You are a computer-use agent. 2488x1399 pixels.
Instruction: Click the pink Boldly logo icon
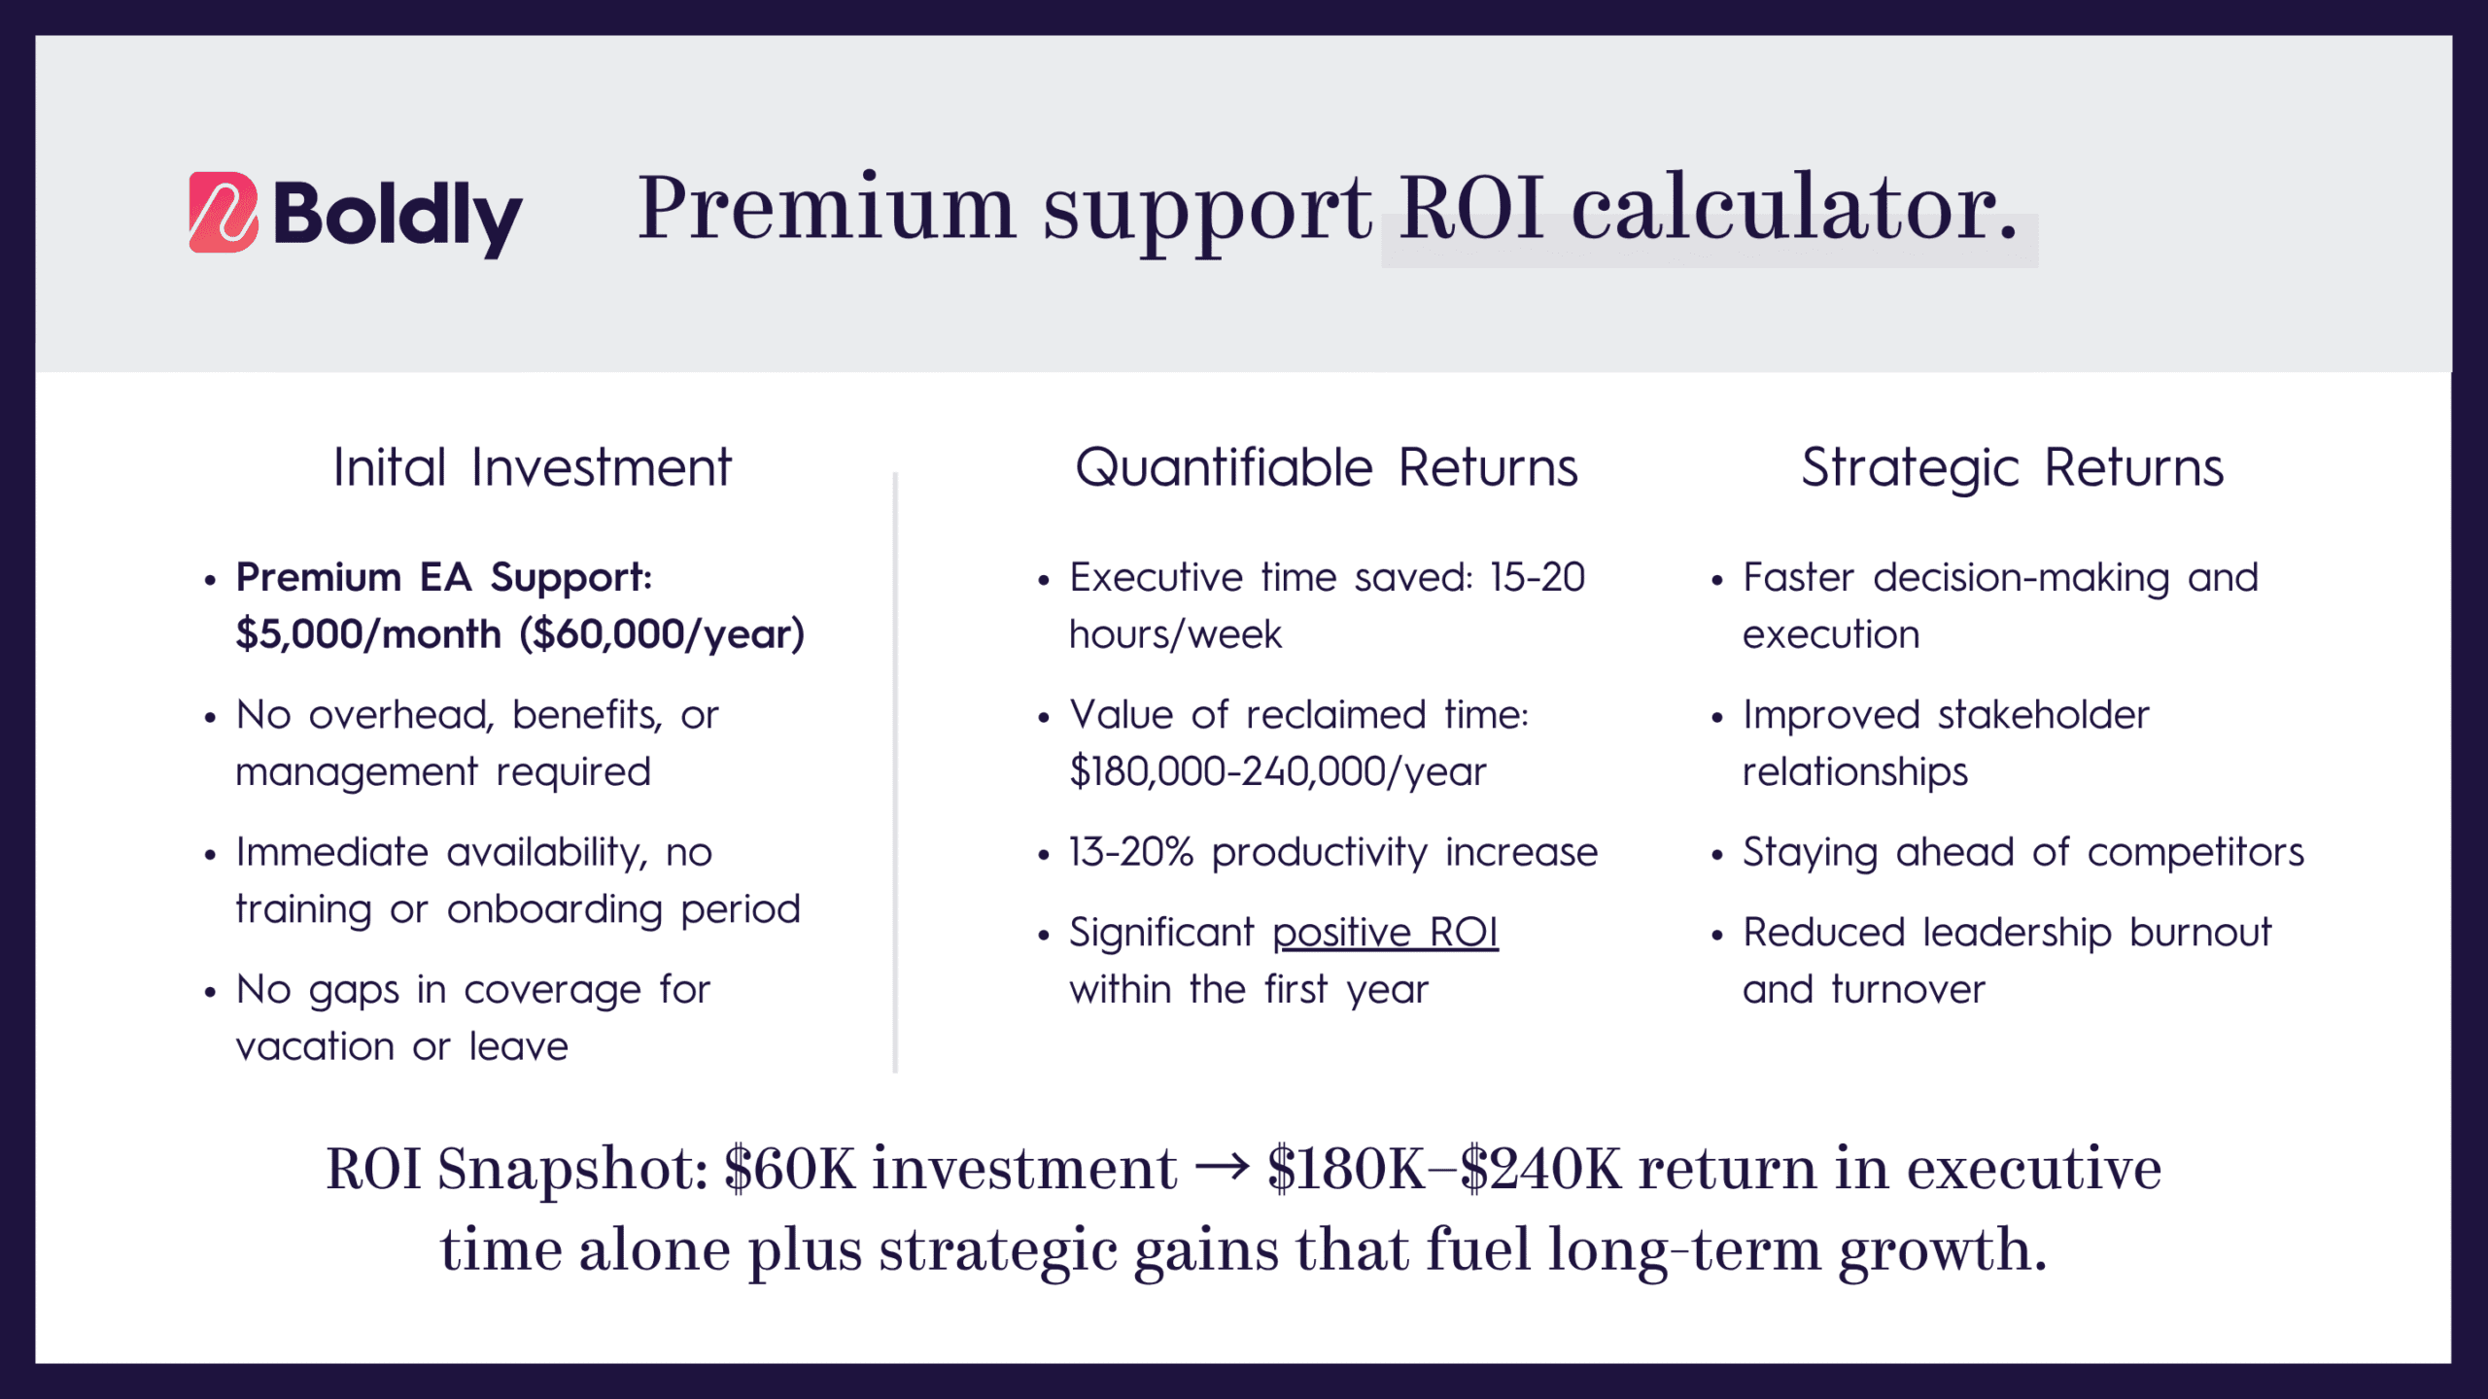tap(224, 212)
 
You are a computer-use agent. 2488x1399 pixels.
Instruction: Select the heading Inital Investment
tap(532, 467)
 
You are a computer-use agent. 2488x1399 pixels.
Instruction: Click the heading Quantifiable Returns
tap(1326, 467)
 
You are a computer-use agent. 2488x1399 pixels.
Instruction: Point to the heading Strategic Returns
tap(2012, 469)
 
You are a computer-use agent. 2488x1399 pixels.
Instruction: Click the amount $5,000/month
tap(368, 634)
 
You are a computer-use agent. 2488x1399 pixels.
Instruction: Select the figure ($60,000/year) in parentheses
tap(662, 634)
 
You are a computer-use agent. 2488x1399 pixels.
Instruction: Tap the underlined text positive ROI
tap(1385, 934)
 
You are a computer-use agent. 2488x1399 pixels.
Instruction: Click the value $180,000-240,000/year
tap(1277, 772)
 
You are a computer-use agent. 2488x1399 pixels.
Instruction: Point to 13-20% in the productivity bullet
tap(1130, 852)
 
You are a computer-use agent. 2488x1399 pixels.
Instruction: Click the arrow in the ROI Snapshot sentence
tap(1222, 1167)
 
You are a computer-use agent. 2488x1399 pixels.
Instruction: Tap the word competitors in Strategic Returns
tap(2195, 853)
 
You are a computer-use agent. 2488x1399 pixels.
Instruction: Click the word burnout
tap(2200, 933)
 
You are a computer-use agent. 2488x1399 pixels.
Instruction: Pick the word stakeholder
tap(2043, 715)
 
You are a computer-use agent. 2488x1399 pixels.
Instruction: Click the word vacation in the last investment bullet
tap(315, 1047)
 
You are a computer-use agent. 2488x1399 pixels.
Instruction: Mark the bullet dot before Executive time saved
tap(1044, 581)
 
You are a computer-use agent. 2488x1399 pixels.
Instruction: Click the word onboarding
tap(555, 910)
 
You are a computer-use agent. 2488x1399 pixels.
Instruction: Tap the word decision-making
tap(2021, 579)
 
